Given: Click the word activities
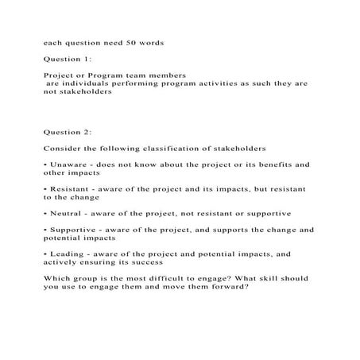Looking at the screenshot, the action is click(214, 83).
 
